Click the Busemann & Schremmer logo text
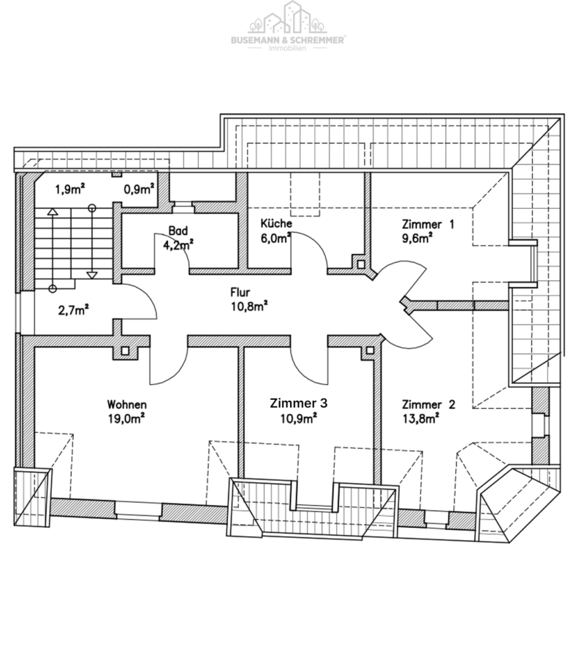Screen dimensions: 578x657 288,40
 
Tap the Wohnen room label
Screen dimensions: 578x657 126,404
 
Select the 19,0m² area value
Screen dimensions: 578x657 126,418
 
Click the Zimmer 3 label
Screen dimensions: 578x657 298,403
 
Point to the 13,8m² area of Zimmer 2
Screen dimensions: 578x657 421,418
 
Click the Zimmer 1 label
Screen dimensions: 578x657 428,224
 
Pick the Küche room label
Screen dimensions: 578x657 276,223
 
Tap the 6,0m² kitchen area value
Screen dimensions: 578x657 275,237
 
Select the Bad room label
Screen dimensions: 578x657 178,231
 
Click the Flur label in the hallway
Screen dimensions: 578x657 240,291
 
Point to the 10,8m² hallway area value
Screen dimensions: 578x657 249,307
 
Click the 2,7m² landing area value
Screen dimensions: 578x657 73,310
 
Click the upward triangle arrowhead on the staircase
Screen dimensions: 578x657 53,212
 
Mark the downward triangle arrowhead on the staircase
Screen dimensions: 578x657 92,275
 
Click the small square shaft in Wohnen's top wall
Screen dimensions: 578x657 124,351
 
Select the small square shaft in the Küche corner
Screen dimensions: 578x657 361,264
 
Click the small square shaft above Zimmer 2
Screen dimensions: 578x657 370,350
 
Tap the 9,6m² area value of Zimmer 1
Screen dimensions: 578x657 417,238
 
